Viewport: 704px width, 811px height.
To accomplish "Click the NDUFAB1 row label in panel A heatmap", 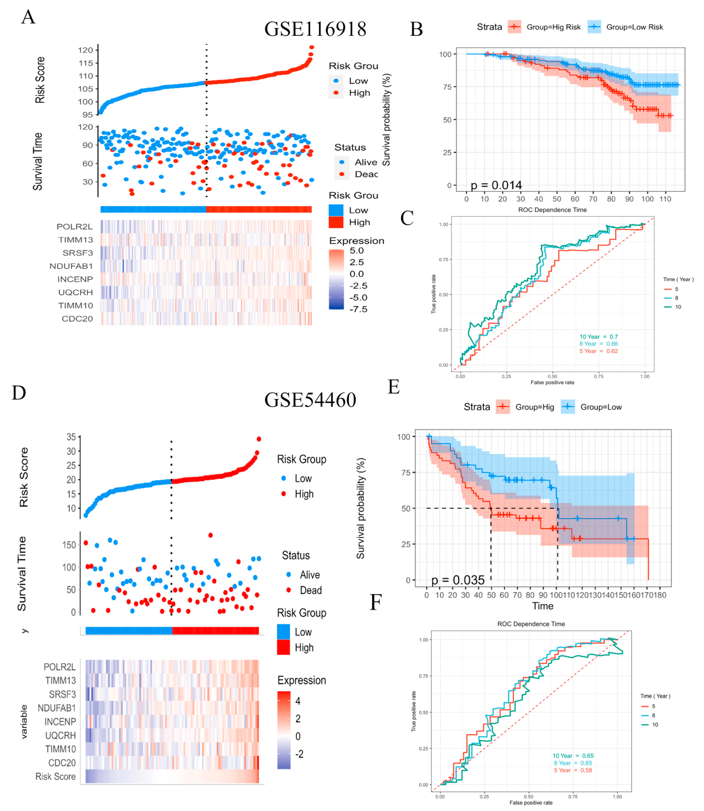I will click(71, 266).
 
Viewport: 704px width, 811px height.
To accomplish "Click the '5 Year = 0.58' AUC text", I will click(572, 770).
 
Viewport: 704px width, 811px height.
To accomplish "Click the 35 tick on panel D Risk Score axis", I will click(71, 437).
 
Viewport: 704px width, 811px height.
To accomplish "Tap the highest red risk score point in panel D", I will click(259, 439).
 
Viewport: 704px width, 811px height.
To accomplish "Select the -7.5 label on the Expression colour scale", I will click(358, 309).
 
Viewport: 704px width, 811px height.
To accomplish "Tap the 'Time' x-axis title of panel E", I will click(542, 606).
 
